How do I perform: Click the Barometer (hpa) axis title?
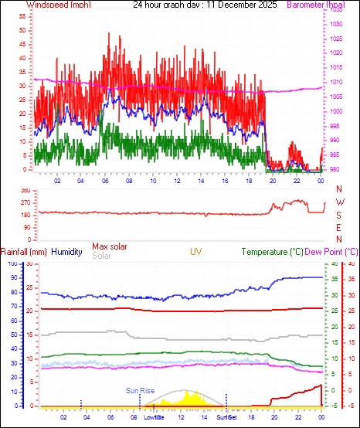click(317, 5)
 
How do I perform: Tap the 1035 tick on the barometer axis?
click(335, 11)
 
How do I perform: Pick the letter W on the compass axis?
click(339, 202)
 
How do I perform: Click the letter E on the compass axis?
click(339, 228)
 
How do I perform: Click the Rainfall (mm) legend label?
click(24, 252)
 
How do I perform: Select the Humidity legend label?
click(67, 252)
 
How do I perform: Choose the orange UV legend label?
click(197, 252)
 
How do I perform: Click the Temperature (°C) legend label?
click(273, 252)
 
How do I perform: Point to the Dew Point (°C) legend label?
click(332, 252)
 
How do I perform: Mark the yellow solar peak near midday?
click(194, 393)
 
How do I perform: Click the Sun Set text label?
click(226, 417)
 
